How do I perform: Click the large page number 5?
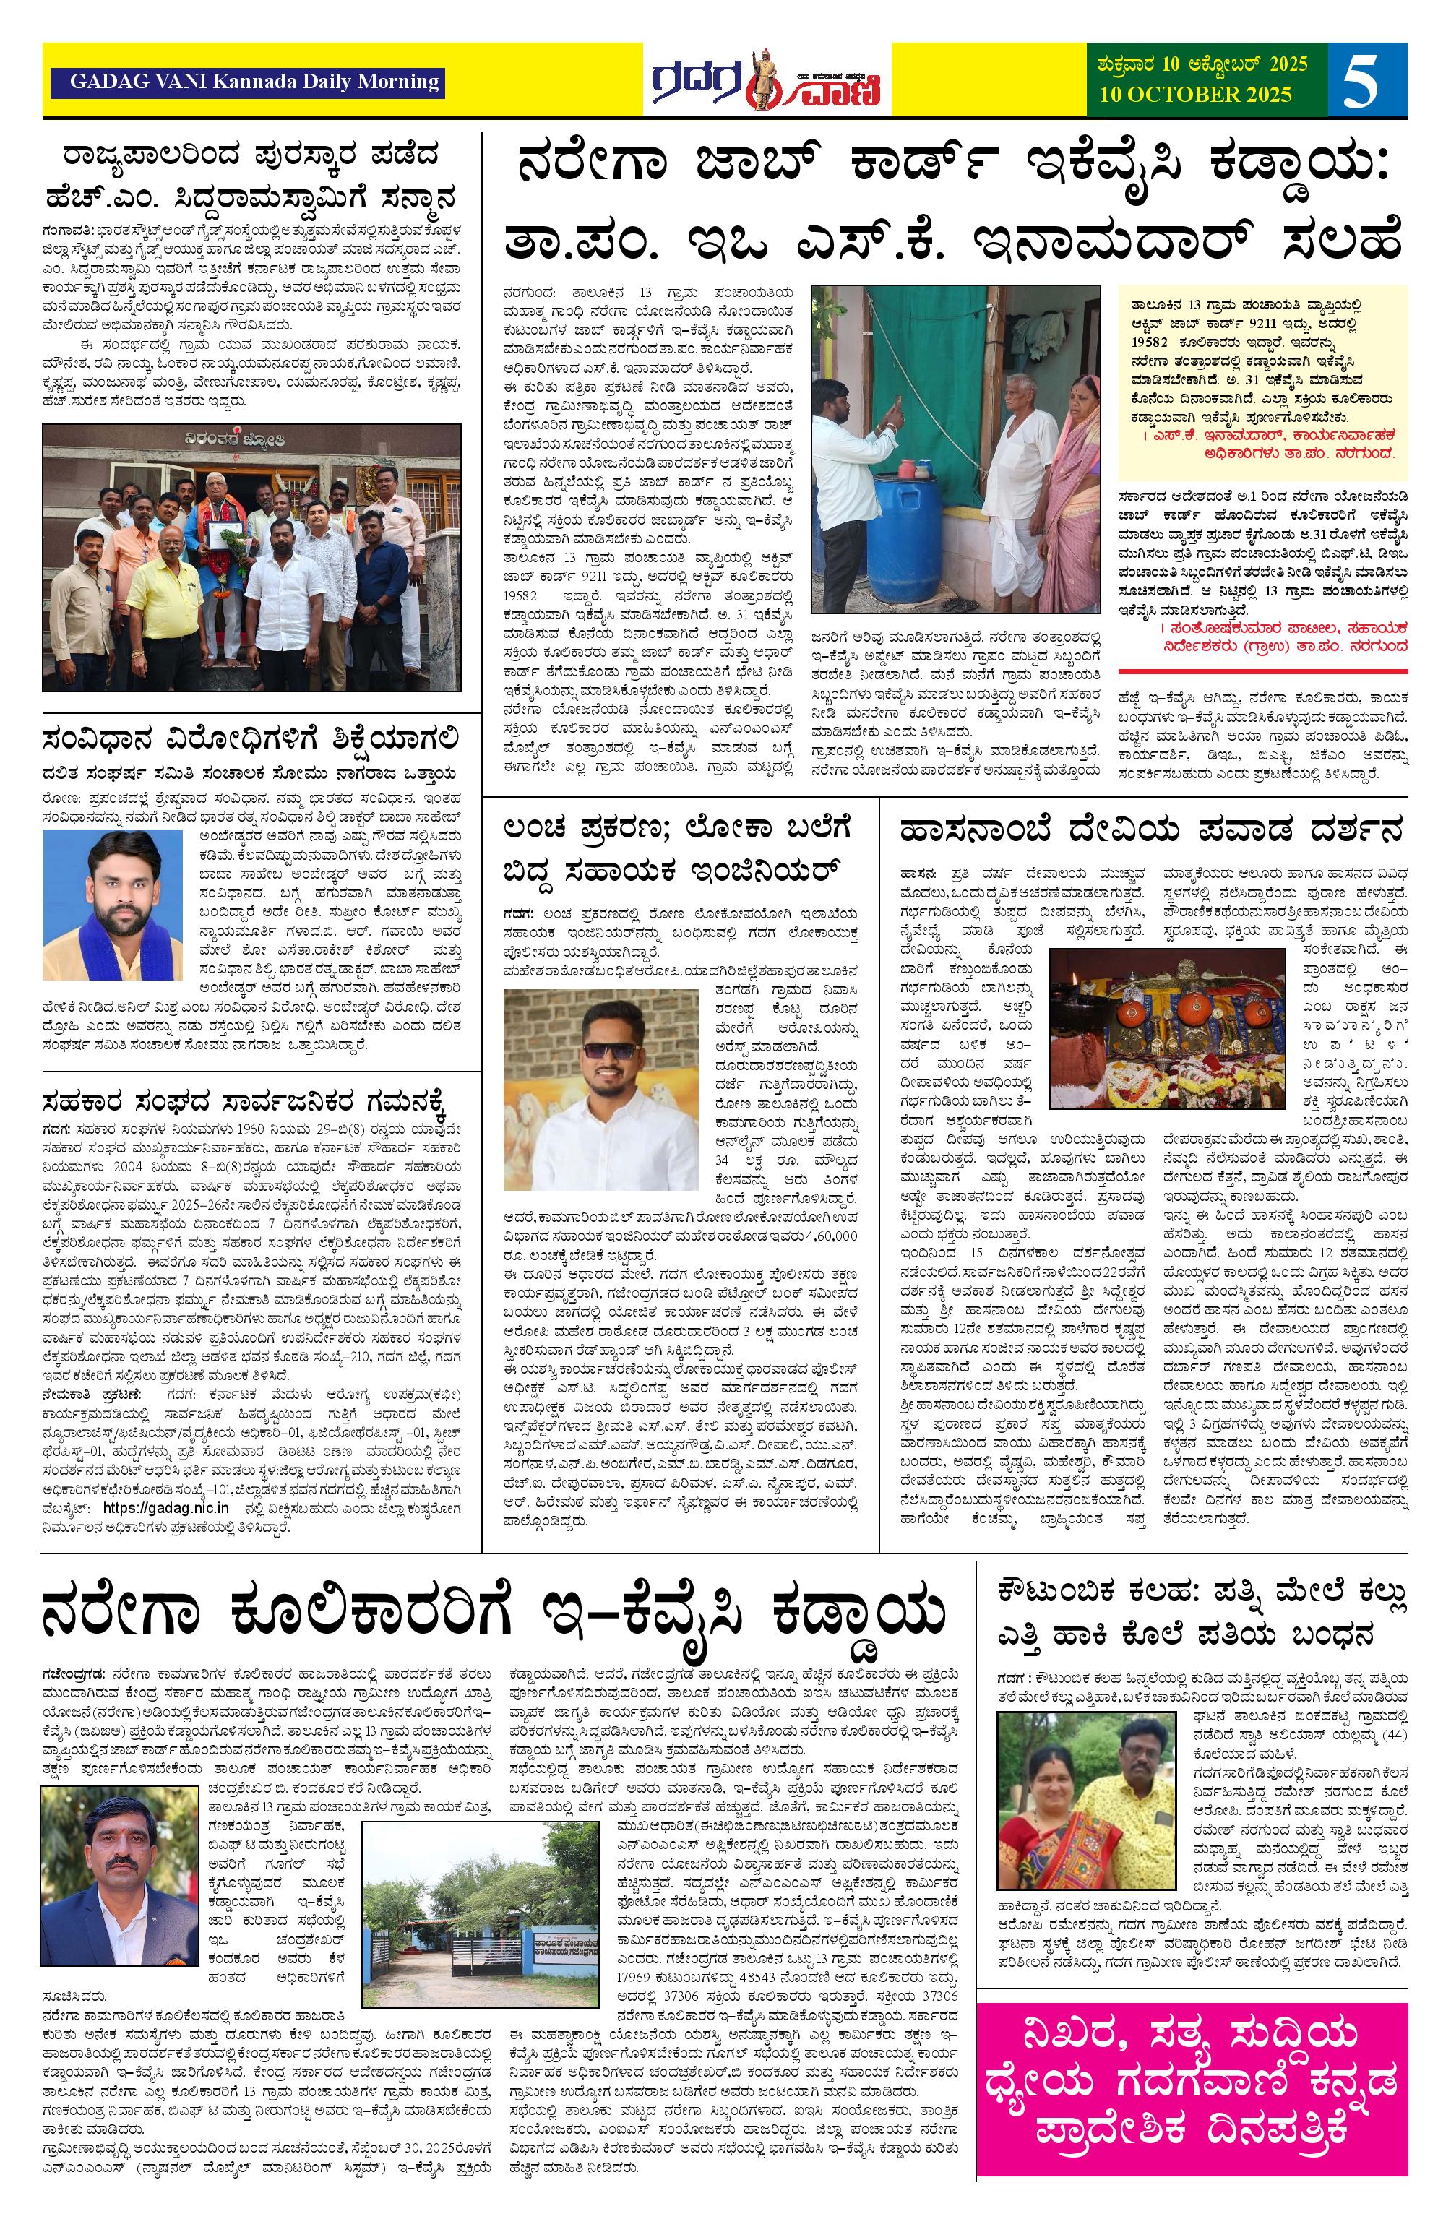[x=1366, y=80]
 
